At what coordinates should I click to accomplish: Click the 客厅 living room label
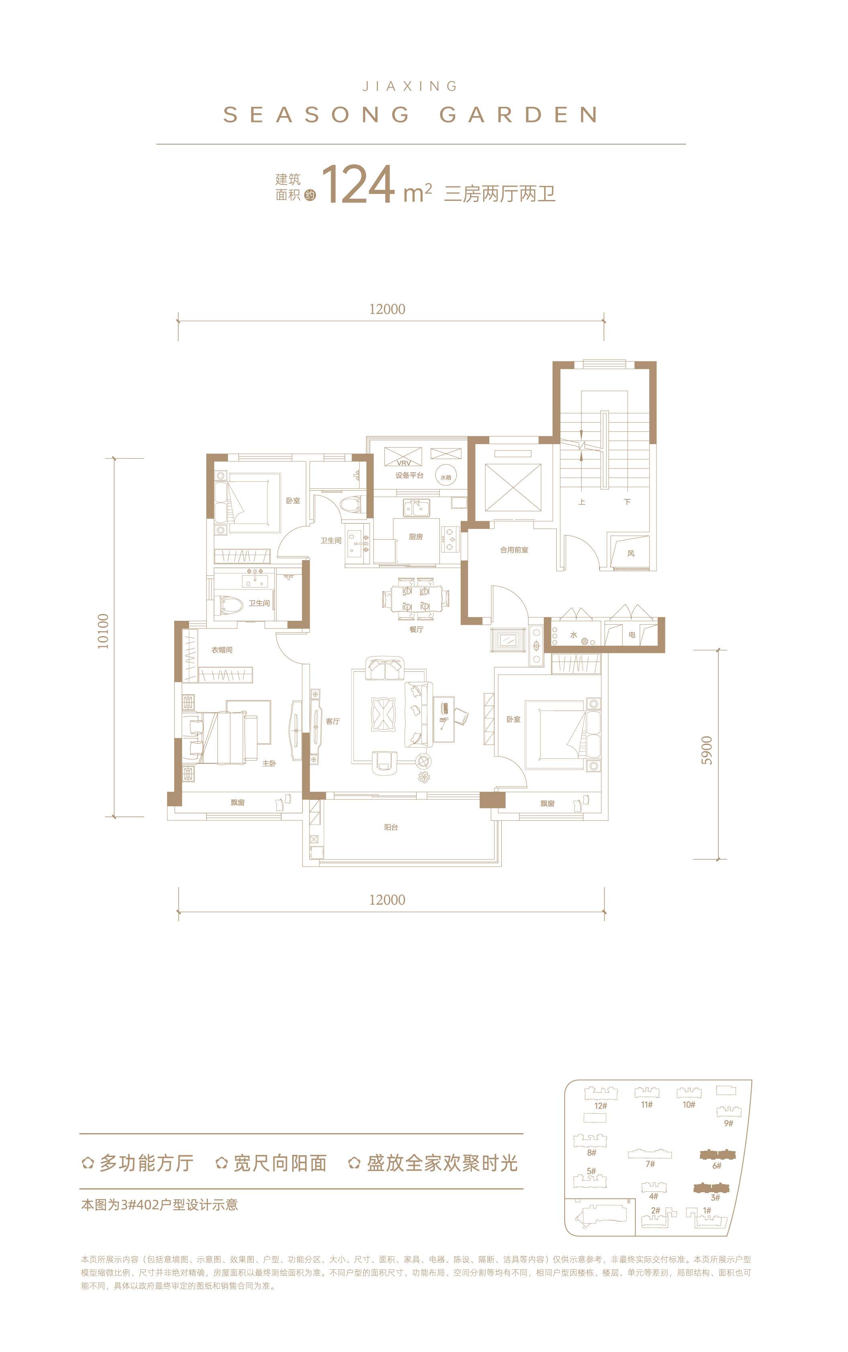(x=333, y=722)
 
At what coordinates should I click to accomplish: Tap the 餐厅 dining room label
(x=416, y=630)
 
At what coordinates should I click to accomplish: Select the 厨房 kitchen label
(x=416, y=537)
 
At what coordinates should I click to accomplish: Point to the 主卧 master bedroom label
(x=269, y=763)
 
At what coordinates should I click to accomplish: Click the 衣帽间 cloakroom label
(x=222, y=650)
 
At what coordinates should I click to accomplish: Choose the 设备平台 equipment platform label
(x=409, y=475)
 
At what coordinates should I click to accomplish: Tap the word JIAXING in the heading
(x=410, y=86)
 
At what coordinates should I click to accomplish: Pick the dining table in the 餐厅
(x=416, y=599)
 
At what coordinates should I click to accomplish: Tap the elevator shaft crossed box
(x=513, y=488)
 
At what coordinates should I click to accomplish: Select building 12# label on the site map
(x=601, y=1106)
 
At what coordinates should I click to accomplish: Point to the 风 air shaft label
(x=631, y=553)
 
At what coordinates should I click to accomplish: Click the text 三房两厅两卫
(x=500, y=194)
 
